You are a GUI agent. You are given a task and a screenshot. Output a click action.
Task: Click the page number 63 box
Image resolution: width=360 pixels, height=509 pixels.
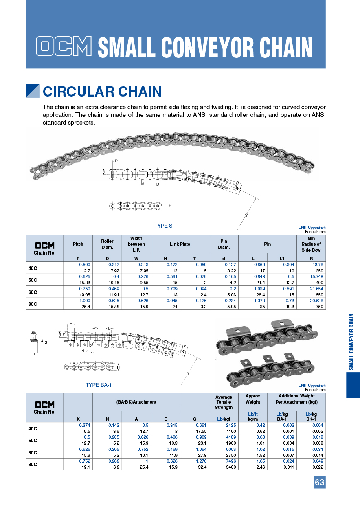[x=319, y=483]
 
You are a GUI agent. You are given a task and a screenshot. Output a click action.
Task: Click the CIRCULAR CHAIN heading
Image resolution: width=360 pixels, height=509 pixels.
[x=102, y=92]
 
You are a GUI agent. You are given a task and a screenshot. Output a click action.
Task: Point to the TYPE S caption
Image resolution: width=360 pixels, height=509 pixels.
[x=163, y=226]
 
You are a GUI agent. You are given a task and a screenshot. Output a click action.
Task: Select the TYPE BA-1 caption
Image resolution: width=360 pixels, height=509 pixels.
[x=99, y=385]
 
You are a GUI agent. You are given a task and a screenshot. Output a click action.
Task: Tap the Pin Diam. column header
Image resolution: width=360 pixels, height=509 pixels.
[x=224, y=244]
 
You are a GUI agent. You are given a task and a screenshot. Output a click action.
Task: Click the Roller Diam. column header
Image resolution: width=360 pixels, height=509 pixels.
[x=107, y=244]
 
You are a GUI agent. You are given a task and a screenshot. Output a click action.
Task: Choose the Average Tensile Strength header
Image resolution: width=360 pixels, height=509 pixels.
[x=224, y=402]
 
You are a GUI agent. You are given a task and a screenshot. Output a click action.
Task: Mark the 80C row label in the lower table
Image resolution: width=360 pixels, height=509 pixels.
[x=33, y=464]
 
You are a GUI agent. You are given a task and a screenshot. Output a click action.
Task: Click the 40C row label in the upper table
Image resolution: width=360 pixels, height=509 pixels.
[x=33, y=268]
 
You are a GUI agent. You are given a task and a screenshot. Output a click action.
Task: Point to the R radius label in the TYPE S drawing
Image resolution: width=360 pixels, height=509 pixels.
[x=246, y=215]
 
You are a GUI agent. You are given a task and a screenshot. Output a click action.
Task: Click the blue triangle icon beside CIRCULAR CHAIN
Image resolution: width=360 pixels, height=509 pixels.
[x=32, y=91]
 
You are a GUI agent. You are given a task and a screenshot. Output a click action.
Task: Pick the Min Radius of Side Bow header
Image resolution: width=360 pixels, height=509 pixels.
[x=311, y=244]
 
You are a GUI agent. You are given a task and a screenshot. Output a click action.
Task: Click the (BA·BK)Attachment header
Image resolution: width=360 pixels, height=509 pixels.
[x=136, y=402]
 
